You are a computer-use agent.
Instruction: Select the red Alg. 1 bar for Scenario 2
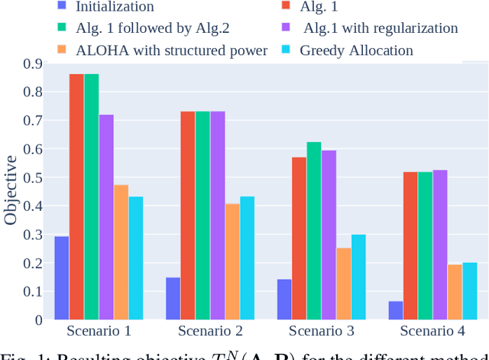coord(188,215)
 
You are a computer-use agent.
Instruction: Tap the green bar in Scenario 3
coord(314,230)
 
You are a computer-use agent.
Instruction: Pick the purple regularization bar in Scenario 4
coord(440,245)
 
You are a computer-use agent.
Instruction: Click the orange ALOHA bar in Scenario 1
coord(121,252)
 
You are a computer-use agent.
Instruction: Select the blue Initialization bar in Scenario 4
coord(395,310)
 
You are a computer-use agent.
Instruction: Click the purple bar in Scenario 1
coord(106,217)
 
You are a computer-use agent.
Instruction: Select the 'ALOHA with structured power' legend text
coord(172,50)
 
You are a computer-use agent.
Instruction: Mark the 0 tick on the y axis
coord(37,319)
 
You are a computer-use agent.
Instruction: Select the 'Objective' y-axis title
coord(11,191)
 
